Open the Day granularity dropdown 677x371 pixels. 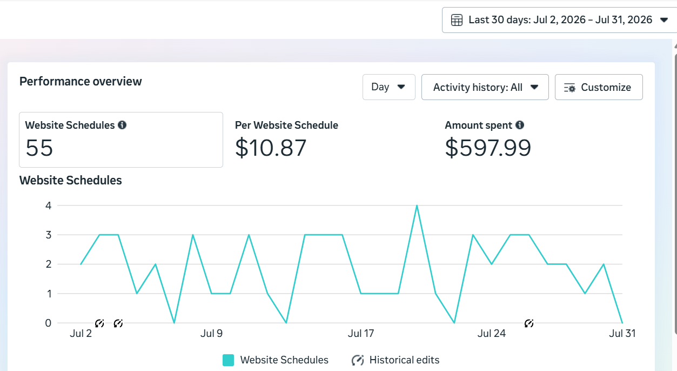coord(388,87)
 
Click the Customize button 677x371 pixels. coord(599,87)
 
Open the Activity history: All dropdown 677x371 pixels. coord(485,87)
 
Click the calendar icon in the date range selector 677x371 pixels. coord(457,20)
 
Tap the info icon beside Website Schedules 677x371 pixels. coord(122,125)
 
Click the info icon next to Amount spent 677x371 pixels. coord(520,125)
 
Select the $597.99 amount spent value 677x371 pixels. coord(488,148)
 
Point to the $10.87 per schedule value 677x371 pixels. coord(271,148)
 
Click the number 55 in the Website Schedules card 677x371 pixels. coord(39,148)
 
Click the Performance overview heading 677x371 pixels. coord(81,82)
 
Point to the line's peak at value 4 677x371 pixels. coord(417,206)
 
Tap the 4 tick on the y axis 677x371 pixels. coord(49,206)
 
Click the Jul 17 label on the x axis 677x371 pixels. coord(361,334)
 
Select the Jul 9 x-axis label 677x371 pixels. coord(211,334)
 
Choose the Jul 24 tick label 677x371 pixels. coord(492,334)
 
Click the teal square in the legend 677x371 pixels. coord(228,360)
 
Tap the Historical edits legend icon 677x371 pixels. coord(358,360)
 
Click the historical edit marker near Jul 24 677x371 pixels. coord(529,323)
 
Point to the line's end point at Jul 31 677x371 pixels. coord(622,323)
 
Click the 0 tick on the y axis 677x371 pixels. coord(49,323)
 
